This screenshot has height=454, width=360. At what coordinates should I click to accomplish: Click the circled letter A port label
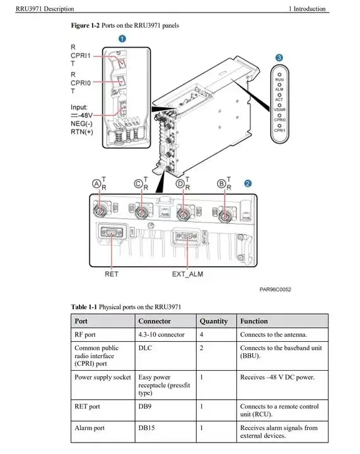[96, 183]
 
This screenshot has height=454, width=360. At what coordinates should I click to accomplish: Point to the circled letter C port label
[138, 183]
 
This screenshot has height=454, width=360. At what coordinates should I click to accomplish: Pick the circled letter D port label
[180, 183]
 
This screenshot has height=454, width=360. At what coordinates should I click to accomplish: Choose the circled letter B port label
[221, 183]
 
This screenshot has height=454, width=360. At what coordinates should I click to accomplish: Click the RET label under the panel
[111, 274]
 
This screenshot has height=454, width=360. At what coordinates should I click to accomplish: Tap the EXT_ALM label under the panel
[187, 274]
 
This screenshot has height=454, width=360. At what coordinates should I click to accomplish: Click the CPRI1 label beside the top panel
[81, 55]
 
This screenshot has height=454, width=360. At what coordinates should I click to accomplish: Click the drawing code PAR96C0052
[275, 290]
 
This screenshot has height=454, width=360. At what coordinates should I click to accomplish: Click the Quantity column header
[214, 321]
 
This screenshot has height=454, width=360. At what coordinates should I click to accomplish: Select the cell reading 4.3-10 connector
[161, 335]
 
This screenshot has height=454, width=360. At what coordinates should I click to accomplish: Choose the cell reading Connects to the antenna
[273, 335]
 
